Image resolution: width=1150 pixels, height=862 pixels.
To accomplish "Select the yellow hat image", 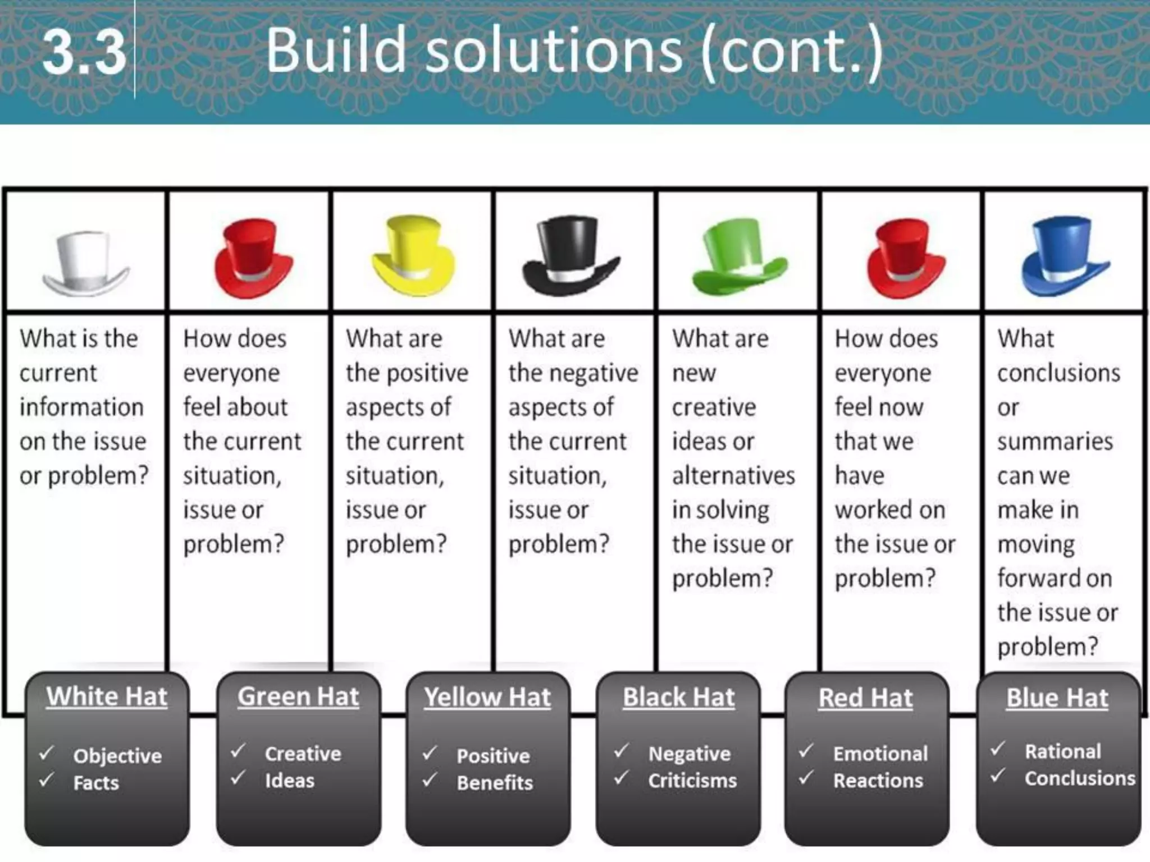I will (x=413, y=255).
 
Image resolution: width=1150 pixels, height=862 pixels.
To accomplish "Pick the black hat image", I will (x=571, y=256).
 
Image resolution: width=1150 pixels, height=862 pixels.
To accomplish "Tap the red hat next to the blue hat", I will (x=905, y=258).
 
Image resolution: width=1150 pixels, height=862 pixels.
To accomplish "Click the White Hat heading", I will (x=107, y=697).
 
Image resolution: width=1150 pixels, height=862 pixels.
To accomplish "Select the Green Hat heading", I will (x=298, y=697).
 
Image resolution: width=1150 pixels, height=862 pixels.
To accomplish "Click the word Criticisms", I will (x=692, y=781).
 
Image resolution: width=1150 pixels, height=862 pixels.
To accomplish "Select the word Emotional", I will (x=880, y=754).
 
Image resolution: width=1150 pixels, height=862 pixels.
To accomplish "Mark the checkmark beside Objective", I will (x=47, y=753).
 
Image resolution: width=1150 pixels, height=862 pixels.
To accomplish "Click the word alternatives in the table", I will (x=733, y=476).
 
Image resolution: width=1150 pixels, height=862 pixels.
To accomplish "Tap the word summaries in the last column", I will (x=1055, y=442).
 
